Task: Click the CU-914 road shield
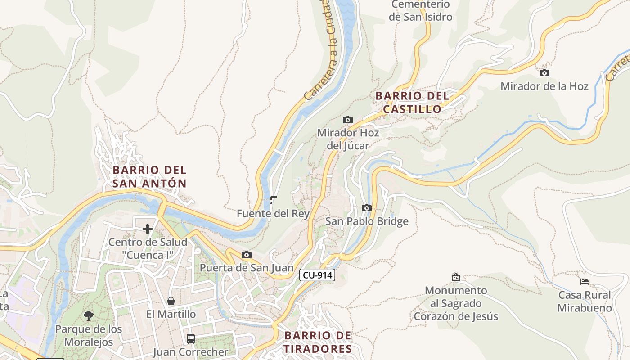tap(318, 275)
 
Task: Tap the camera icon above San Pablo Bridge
tap(367, 208)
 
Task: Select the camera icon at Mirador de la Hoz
tap(544, 73)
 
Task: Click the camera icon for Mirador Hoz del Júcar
tap(348, 120)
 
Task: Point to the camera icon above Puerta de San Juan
tap(246, 255)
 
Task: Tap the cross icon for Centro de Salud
tap(148, 229)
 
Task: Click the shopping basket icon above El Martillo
tap(171, 301)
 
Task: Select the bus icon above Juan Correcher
tap(191, 338)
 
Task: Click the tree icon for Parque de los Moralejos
tap(89, 315)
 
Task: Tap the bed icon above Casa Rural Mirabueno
tap(585, 282)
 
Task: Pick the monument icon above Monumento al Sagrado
tap(456, 277)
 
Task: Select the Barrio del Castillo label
tap(413, 103)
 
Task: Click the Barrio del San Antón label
tap(149, 177)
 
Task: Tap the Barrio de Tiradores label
tap(318, 342)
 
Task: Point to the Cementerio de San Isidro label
tap(421, 11)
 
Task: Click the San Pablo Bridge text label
tap(367, 221)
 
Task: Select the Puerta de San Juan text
tap(247, 268)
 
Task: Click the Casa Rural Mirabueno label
tap(585, 301)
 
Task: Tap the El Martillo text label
tap(171, 314)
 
